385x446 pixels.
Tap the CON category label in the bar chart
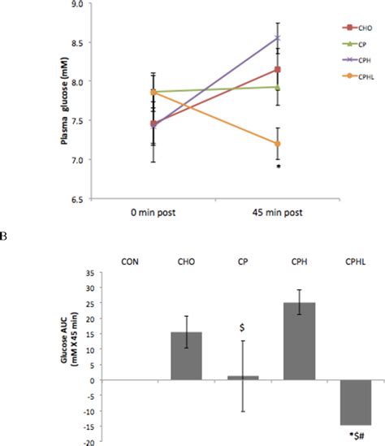(128, 262)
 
